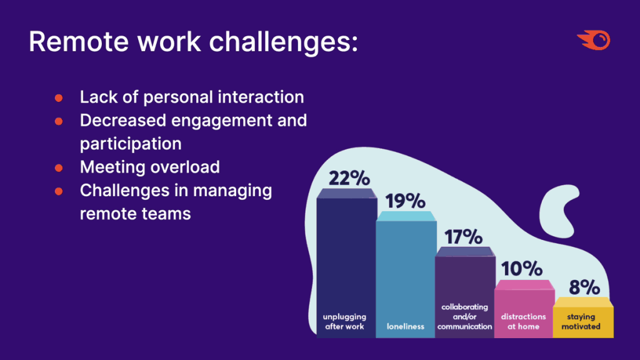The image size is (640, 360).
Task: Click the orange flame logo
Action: pyautogui.click(x=594, y=41)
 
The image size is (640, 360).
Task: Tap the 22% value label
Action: pyautogui.click(x=349, y=178)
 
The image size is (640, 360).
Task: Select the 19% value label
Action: pyautogui.click(x=405, y=201)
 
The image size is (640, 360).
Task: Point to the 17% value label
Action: pyautogui.click(x=463, y=237)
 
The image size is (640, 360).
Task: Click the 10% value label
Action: pyautogui.click(x=522, y=269)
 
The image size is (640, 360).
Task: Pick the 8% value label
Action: pyautogui.click(x=584, y=287)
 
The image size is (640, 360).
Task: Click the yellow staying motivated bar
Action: pyautogui.click(x=583, y=317)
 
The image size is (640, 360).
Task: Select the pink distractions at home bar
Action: pyautogui.click(x=524, y=309)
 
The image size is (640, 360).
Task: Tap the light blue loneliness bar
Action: pyautogui.click(x=406, y=275)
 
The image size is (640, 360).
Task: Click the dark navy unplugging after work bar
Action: pyautogui.click(x=346, y=263)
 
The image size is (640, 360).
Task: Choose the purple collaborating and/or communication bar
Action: pyautogui.click(x=465, y=292)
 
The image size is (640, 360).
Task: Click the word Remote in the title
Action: pyautogui.click(x=78, y=42)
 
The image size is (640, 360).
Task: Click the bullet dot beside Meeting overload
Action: pyautogui.click(x=59, y=167)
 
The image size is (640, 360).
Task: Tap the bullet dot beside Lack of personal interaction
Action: pyautogui.click(x=59, y=98)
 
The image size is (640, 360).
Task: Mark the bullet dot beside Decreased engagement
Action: pyautogui.click(x=59, y=121)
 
